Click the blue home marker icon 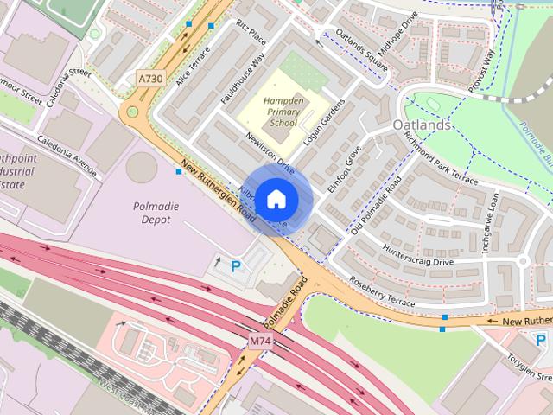tap(276, 200)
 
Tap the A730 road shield tap(150, 79)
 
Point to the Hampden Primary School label tap(284, 110)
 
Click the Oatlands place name tap(422, 125)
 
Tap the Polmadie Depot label tap(140, 213)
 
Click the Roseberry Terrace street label tap(381, 290)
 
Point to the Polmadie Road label tap(286, 303)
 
